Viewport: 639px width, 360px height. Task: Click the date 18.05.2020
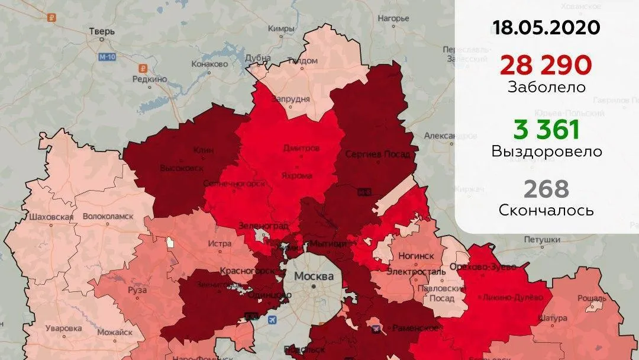click(x=546, y=27)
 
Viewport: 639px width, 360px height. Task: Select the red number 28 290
click(x=546, y=65)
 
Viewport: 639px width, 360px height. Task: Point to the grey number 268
click(x=546, y=189)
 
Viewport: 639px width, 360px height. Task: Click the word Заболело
click(x=546, y=87)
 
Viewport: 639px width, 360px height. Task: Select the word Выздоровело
click(x=546, y=152)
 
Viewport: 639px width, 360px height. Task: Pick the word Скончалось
click(x=546, y=211)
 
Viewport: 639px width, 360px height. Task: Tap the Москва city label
click(x=314, y=277)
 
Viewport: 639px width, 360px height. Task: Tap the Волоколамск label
click(x=108, y=217)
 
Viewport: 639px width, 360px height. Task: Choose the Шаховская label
click(x=51, y=217)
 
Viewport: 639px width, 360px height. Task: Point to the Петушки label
click(x=541, y=240)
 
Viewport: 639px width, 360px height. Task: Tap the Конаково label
click(x=209, y=64)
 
